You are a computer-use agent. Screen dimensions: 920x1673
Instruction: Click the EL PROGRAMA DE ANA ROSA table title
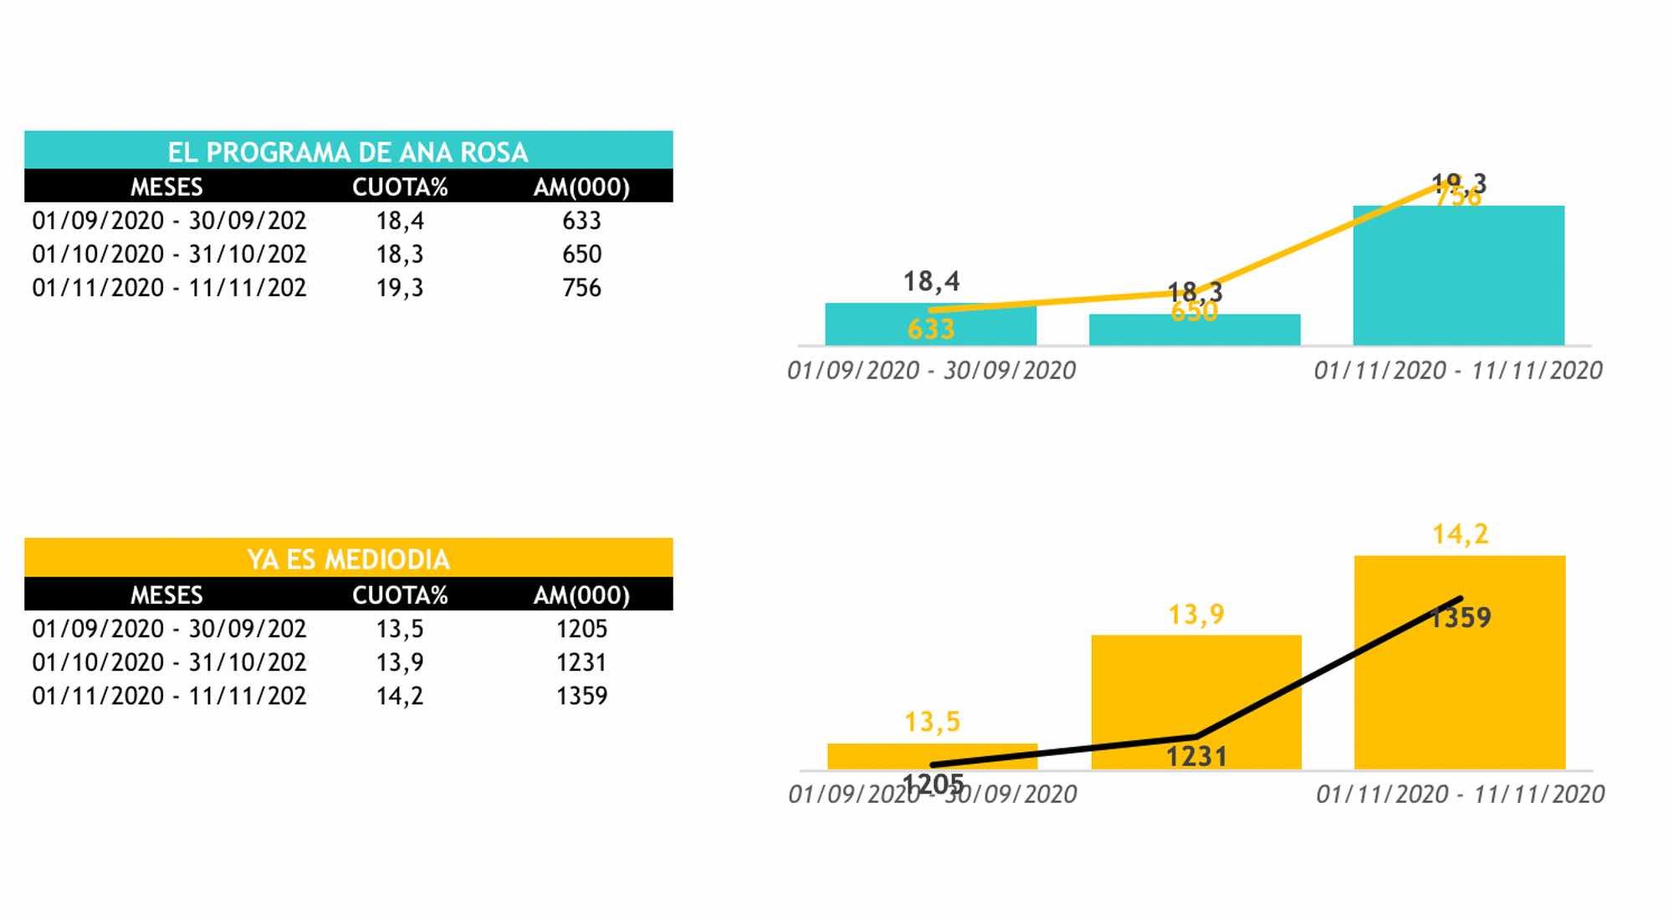pos(348,151)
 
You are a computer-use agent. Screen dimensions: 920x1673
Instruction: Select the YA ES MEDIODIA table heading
pos(348,559)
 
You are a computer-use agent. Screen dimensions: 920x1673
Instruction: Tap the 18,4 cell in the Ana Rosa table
pos(400,221)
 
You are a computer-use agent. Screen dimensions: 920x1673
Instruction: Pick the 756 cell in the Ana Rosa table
pos(581,288)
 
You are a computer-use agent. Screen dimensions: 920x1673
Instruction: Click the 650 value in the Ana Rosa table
pos(581,254)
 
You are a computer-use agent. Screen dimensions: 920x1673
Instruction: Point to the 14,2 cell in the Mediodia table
pos(400,696)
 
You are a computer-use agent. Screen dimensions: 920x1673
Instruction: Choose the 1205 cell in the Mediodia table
pos(581,629)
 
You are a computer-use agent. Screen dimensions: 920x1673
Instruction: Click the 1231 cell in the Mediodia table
pos(581,662)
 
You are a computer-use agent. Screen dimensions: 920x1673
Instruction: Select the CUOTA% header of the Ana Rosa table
pos(400,187)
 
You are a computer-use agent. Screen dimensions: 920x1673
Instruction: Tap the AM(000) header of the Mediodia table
pos(581,595)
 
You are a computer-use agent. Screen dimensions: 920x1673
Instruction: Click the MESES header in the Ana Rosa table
pos(166,187)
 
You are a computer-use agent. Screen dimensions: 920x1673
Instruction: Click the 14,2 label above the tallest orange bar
pos(1460,534)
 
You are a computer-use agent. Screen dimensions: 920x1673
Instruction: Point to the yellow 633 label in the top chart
pos(930,330)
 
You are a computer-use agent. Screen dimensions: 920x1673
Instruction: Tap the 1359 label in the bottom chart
pos(1460,618)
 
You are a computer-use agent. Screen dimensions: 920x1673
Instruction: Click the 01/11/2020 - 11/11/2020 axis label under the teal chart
pos(1458,371)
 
